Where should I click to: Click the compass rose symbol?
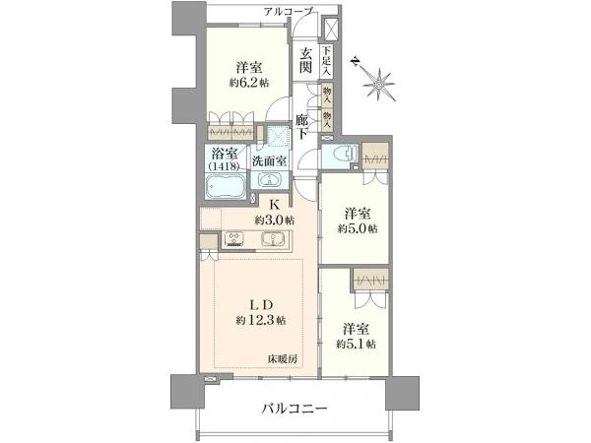tap(376, 85)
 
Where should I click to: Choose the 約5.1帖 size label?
tap(358, 343)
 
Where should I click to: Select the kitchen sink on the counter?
tap(272, 239)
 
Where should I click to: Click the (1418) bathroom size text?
tap(225, 168)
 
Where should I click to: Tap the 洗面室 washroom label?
tap(268, 160)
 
